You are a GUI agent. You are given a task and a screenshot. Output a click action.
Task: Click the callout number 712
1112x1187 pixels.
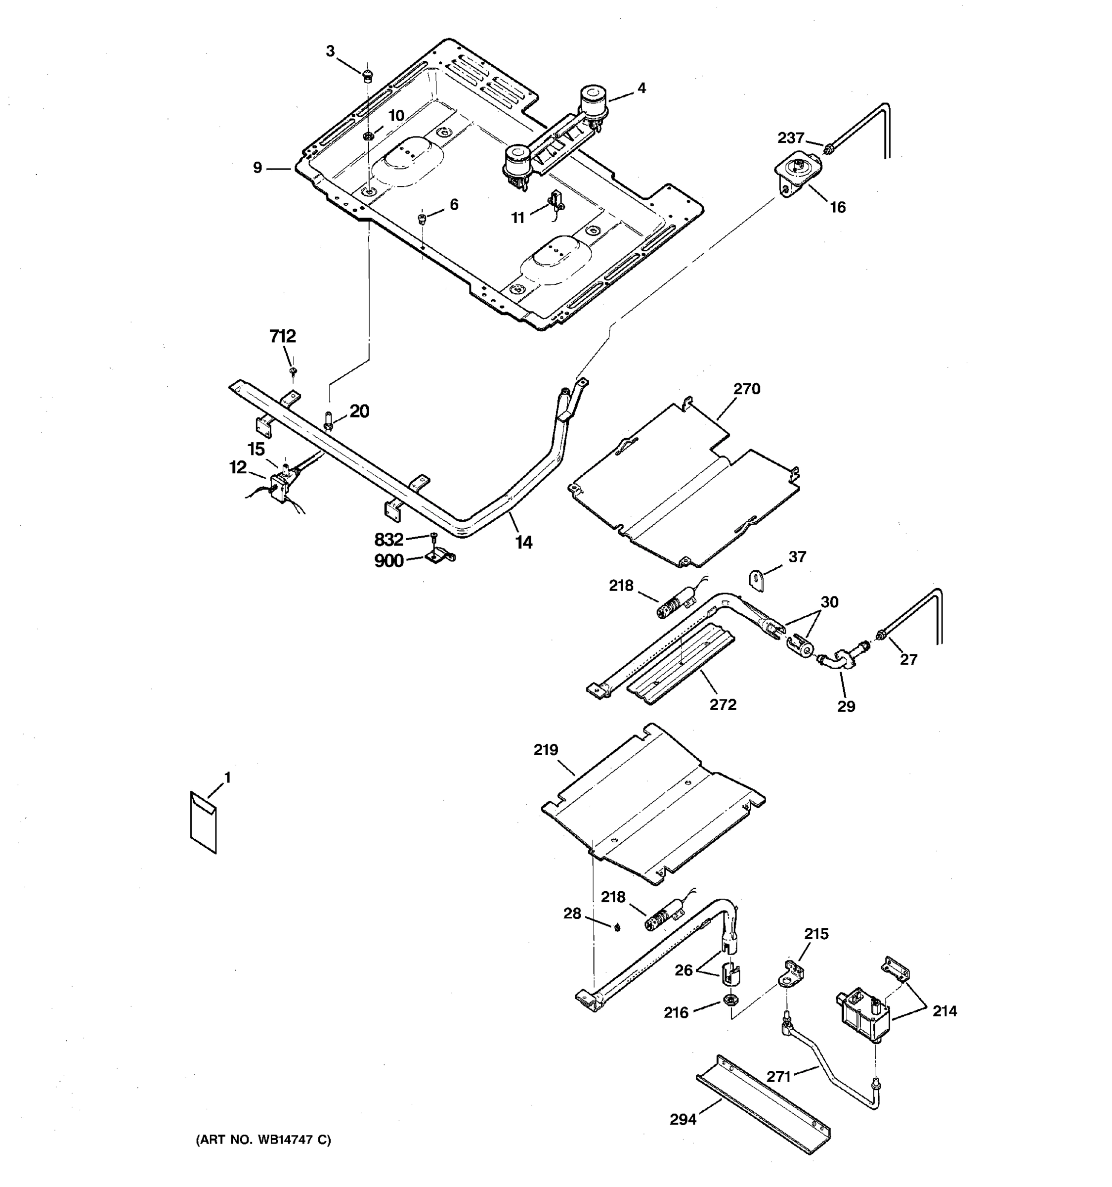coord(282,337)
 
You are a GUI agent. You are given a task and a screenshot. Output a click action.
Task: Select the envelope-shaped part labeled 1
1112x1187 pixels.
coord(203,823)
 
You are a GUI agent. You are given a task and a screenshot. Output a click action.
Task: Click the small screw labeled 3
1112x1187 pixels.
coord(368,75)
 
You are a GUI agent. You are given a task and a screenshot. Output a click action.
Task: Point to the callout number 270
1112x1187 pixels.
coord(746,389)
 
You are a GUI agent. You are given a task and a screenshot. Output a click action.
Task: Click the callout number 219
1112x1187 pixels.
coord(545,750)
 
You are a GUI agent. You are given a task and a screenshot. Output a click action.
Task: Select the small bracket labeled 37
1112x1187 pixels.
coord(757,579)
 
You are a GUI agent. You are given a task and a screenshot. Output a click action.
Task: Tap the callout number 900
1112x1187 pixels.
coord(388,561)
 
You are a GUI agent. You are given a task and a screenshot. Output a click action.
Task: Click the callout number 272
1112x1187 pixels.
coord(723,705)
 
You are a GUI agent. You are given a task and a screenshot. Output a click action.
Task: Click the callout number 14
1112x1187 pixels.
coord(524,542)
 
